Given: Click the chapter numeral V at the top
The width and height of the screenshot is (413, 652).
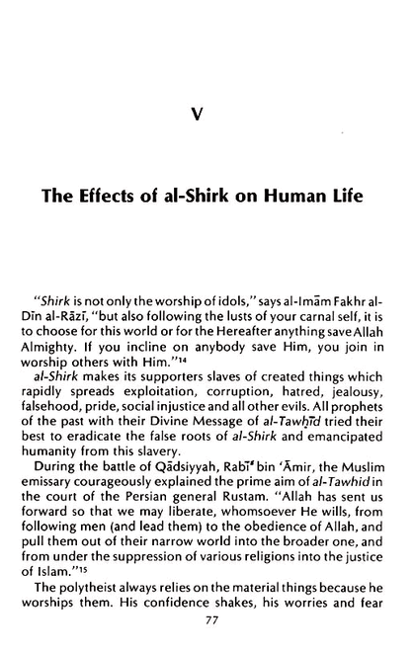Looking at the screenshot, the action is coord(206,116).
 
